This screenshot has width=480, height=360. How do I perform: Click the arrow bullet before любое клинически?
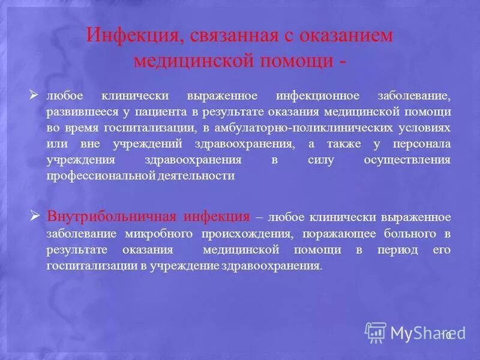34,95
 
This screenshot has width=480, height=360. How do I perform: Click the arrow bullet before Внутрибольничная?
34,215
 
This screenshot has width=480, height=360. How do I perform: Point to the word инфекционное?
317,97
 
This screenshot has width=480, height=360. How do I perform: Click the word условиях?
429,128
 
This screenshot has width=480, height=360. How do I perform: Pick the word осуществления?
407,160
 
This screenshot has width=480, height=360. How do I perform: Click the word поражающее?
315,233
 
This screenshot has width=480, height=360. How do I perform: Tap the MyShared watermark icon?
376,332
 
